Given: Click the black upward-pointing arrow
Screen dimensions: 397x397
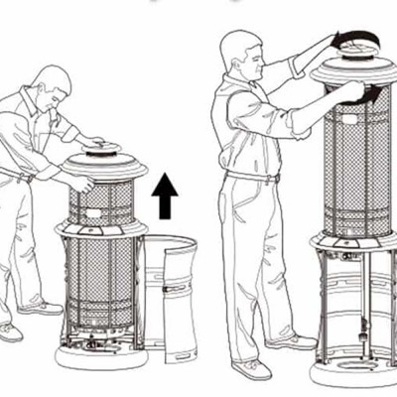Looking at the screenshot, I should pyautogui.click(x=165, y=196).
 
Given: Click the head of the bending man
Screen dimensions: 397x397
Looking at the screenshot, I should pyautogui.click(x=50, y=82).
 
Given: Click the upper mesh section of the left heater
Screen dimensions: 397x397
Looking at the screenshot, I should pyautogui.click(x=100, y=202).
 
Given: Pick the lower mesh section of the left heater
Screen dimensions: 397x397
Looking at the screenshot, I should pyautogui.click(x=100, y=288).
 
